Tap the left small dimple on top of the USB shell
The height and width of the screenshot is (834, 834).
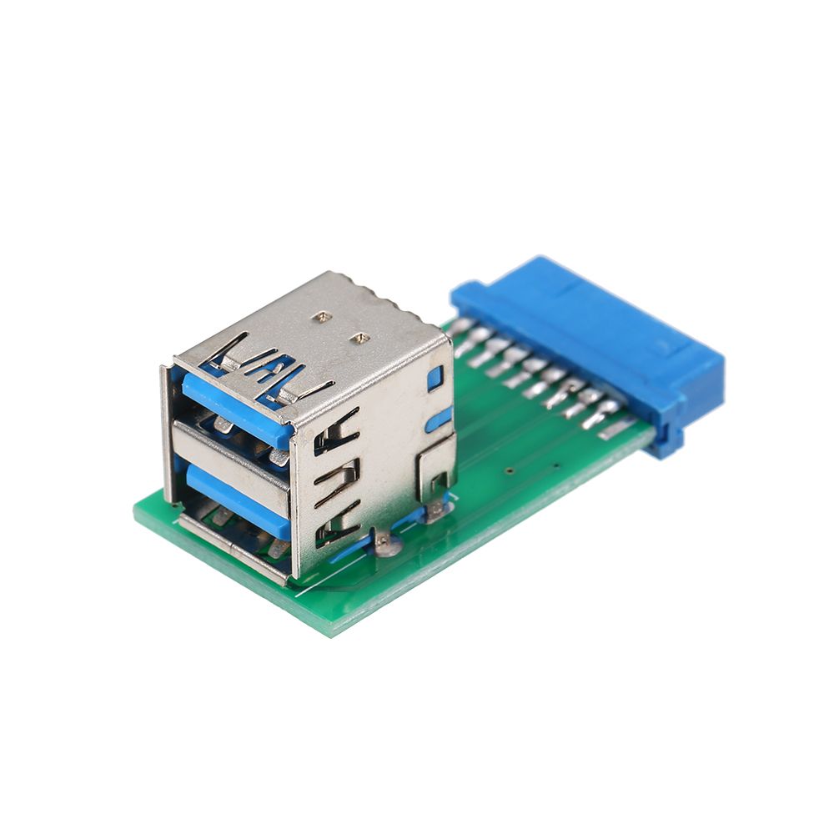tap(321, 317)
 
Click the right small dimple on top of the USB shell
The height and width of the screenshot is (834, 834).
tap(360, 338)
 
